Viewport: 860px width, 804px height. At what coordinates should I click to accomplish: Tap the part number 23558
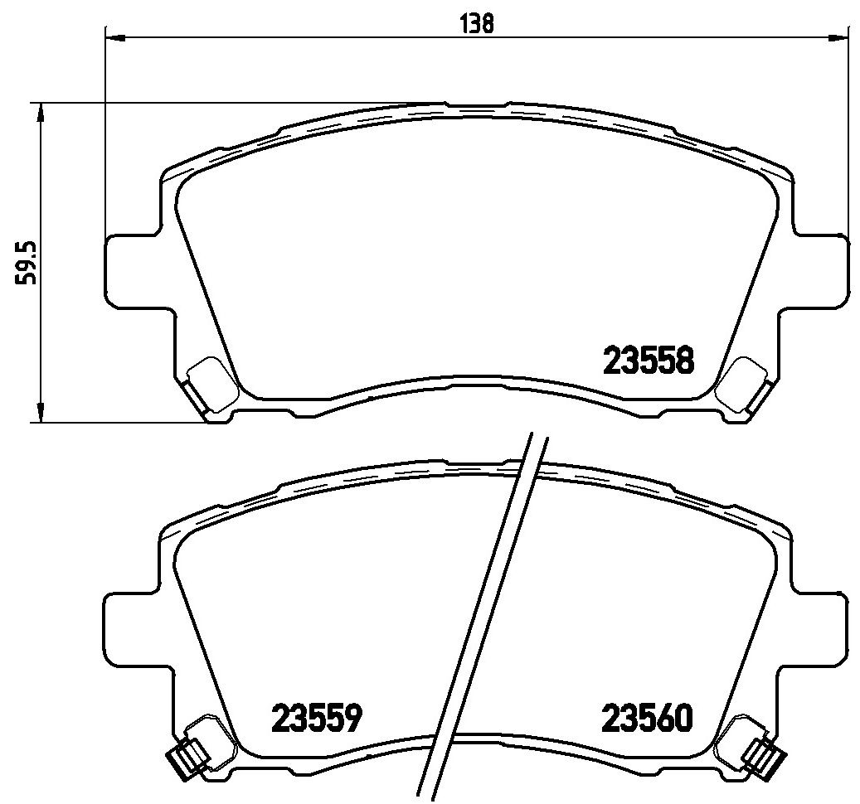pos(649,361)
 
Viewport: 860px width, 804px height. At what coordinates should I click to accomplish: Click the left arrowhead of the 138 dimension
pos(115,38)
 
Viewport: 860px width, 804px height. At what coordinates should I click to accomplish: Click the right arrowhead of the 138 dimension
pos(839,38)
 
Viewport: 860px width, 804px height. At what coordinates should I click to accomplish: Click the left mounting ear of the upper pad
pos(133,270)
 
